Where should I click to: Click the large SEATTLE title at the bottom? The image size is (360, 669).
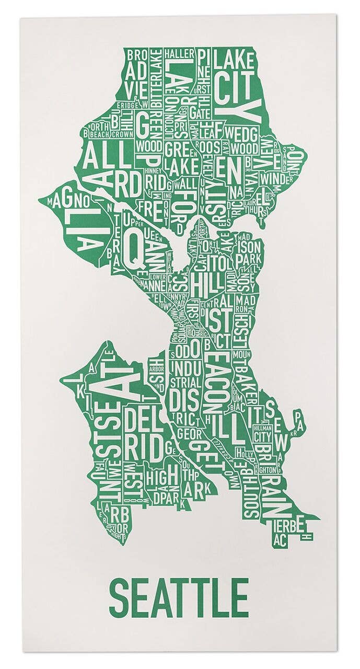coord(179,597)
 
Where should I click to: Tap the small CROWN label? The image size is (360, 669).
coord(122,134)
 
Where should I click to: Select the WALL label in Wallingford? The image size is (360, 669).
coord(185,184)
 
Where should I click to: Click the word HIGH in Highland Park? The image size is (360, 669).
coord(160,478)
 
